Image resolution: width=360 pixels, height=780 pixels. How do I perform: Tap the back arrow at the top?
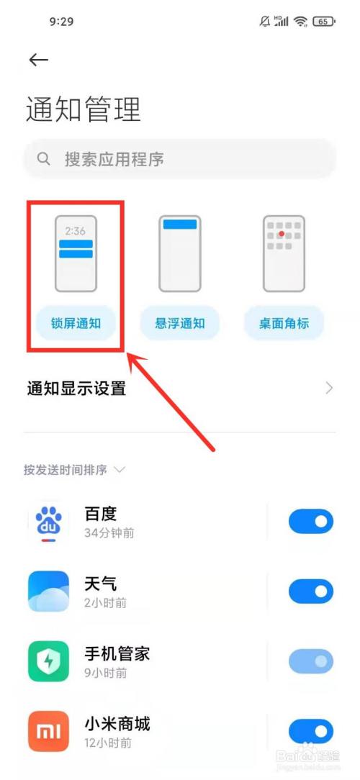38,60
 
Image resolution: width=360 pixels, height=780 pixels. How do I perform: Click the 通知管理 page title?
84,109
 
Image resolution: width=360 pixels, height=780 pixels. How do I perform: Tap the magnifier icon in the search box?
45,158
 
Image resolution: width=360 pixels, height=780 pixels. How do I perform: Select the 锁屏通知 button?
76,323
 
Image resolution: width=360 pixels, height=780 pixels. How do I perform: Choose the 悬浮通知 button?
179,323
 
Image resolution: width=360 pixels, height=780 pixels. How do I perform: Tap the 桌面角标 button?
284,323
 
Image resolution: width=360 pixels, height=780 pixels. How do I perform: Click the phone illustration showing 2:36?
76,254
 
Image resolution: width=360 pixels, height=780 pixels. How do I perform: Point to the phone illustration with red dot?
284,254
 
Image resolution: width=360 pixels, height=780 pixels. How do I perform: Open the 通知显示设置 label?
76,389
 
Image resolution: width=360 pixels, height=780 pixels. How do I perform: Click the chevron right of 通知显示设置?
329,389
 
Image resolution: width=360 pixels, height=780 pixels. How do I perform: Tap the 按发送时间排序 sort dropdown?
74,470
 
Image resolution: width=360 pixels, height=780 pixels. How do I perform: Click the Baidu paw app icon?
49,523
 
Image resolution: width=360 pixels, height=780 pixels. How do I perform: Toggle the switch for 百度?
311,522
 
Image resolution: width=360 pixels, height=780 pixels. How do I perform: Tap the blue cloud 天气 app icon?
49,591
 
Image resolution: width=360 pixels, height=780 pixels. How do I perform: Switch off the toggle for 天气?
311,591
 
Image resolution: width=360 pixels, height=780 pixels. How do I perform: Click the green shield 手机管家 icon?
49,661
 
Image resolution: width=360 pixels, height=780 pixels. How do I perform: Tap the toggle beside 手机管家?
311,661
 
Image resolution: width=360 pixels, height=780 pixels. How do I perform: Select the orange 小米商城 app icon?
49,731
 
